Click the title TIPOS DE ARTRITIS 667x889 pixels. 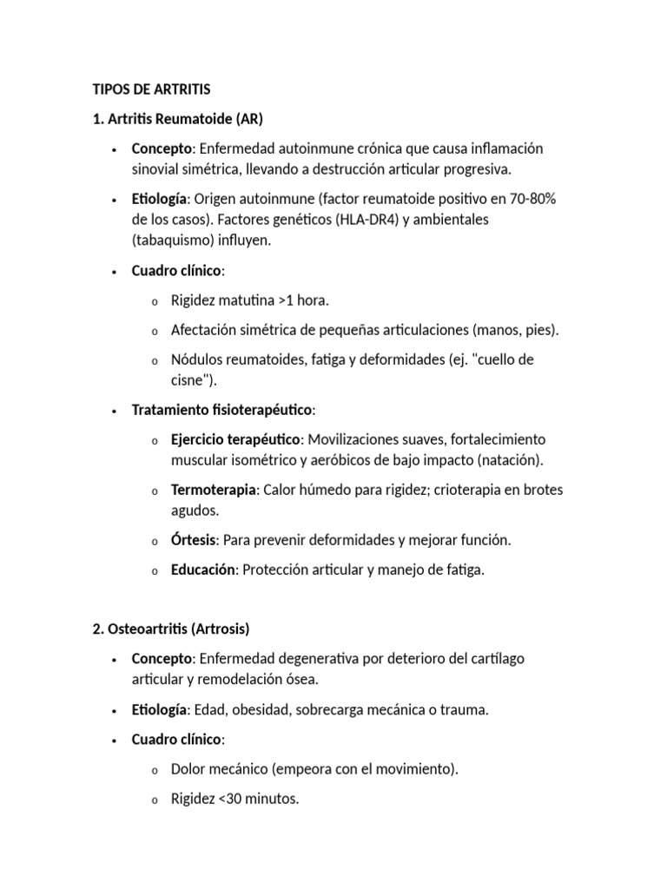[x=152, y=89]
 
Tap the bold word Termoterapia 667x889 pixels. [x=214, y=490]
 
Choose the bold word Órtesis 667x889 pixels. [x=194, y=540]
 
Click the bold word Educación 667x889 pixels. [x=203, y=570]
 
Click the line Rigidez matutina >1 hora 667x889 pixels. [x=250, y=300]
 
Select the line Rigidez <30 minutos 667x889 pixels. [x=234, y=799]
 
